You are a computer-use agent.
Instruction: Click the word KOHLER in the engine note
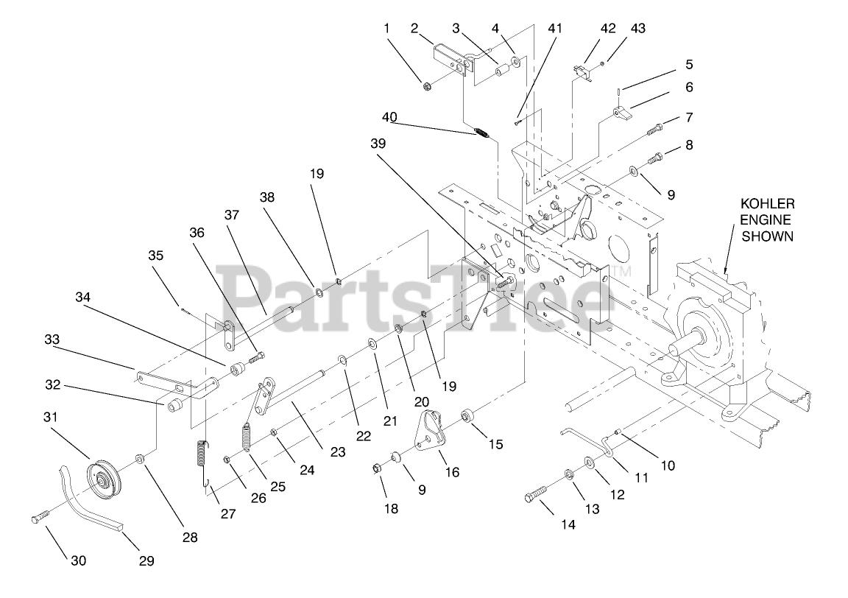tap(767, 203)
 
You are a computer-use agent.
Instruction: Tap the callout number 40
tap(389, 118)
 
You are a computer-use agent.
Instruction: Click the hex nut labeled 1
tap(428, 86)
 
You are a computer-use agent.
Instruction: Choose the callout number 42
tap(608, 29)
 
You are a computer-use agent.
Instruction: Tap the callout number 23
tap(338, 451)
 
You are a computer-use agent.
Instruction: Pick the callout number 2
tap(414, 29)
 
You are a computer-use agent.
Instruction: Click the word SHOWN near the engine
tap(767, 236)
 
